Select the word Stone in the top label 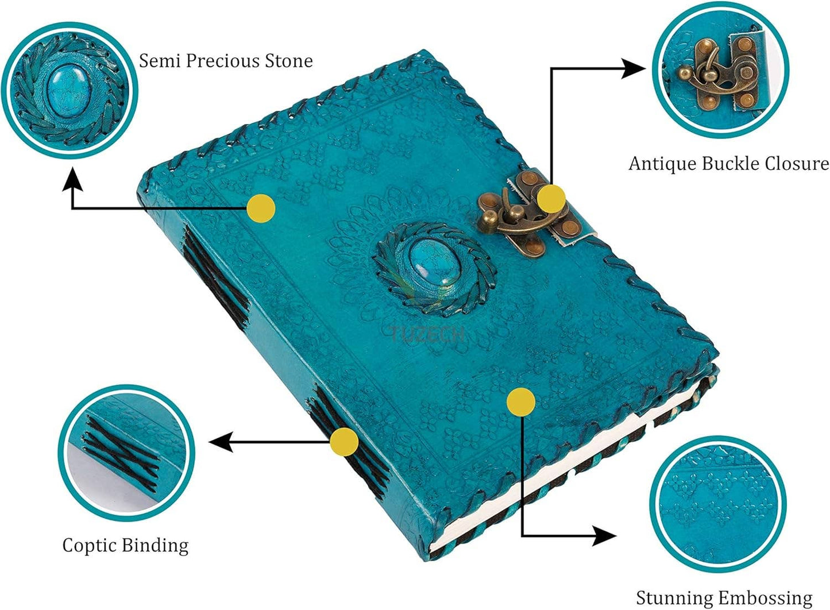click(288, 61)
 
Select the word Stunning click(676, 598)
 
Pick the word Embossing click(767, 598)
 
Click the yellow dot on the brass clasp click(551, 199)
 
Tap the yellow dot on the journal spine click(344, 441)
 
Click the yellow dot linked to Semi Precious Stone click(261, 209)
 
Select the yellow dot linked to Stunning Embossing click(521, 402)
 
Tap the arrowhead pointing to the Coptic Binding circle click(221, 442)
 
